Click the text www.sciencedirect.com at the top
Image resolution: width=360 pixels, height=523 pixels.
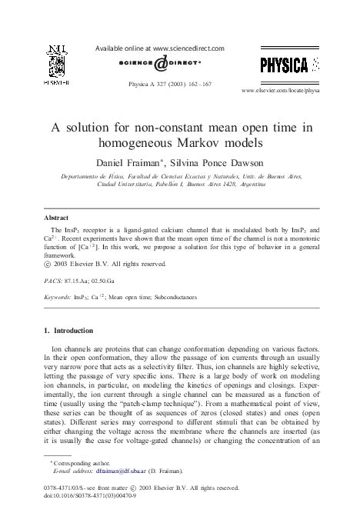click(x=184, y=48)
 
